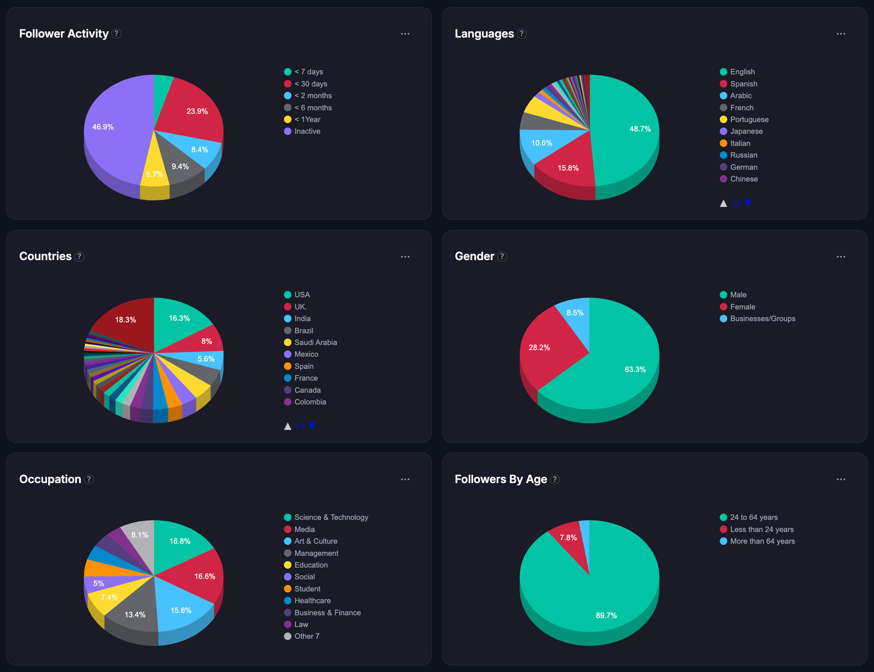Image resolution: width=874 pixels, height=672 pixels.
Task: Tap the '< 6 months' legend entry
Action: click(x=313, y=108)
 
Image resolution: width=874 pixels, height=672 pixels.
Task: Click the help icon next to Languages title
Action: click(x=521, y=34)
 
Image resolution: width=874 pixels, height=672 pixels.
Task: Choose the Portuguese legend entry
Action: click(x=749, y=119)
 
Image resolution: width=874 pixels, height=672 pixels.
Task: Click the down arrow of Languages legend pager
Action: click(x=748, y=203)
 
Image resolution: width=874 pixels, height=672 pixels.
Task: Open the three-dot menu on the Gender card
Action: click(x=840, y=257)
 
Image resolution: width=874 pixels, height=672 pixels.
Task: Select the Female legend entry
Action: click(x=742, y=307)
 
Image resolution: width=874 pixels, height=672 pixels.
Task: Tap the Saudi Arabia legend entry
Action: click(x=315, y=342)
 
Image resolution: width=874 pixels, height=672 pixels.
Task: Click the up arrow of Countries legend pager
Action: click(x=287, y=426)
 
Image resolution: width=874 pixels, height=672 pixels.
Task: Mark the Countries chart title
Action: click(x=45, y=256)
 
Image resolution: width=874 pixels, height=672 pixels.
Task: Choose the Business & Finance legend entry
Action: click(x=327, y=613)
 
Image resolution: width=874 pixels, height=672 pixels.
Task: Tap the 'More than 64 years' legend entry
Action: click(x=762, y=541)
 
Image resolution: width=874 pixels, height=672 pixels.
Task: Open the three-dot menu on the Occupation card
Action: click(x=405, y=479)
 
